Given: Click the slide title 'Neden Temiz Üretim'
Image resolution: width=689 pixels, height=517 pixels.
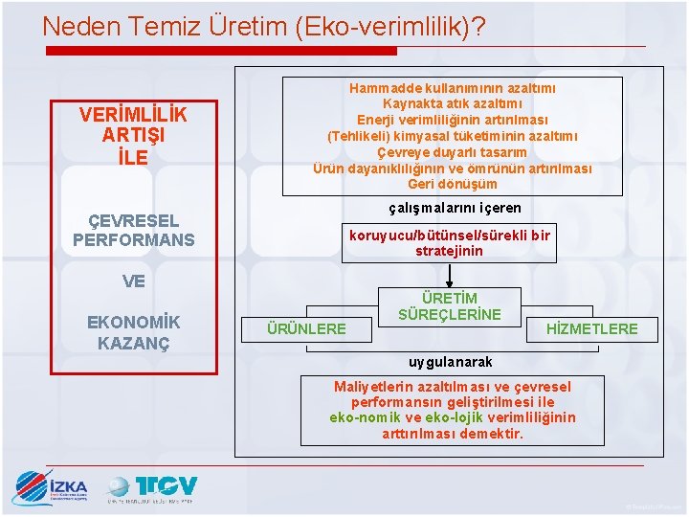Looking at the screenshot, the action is click(263, 26).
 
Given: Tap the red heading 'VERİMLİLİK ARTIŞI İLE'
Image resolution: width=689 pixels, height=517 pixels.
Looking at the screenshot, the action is click(133, 135).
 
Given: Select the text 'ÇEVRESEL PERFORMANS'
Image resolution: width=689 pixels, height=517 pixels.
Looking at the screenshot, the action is click(133, 231).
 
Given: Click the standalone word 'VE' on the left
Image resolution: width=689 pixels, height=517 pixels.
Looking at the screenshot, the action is click(133, 281).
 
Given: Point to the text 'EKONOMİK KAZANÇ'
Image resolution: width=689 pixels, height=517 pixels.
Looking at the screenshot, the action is click(133, 331).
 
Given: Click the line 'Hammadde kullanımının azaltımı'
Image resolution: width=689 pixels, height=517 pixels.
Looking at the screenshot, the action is click(453, 88).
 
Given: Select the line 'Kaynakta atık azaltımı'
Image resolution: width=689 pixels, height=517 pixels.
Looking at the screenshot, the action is click(453, 103).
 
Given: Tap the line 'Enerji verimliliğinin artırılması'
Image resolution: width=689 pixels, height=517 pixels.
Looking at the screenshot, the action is click(453, 120).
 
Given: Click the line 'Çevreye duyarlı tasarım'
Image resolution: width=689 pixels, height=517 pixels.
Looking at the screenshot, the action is click(453, 152).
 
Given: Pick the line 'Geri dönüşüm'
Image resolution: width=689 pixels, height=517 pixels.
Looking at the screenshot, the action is click(453, 184).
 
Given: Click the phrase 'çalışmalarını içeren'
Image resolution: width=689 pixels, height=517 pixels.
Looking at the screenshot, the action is click(453, 208).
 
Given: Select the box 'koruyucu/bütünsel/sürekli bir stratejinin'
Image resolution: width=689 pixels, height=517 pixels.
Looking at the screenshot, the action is click(450, 243).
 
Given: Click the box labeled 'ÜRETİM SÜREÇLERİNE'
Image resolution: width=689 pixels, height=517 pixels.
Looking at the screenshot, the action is click(450, 307).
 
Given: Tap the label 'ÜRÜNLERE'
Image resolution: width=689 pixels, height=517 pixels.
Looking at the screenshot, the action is click(306, 328).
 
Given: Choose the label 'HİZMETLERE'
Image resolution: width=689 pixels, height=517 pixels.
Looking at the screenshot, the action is click(591, 328).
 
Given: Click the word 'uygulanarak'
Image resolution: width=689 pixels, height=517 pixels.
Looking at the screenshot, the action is click(451, 362).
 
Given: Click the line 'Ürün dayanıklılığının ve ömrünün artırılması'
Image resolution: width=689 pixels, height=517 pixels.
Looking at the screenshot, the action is click(453, 169).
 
